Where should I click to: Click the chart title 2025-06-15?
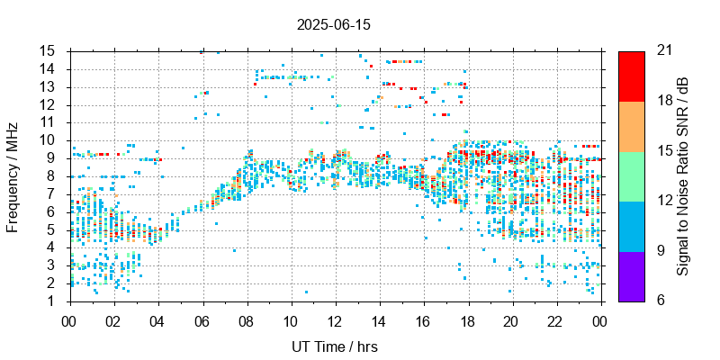[x=334, y=25]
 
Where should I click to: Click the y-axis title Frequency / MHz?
[x=13, y=175]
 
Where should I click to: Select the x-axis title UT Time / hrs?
[x=334, y=346]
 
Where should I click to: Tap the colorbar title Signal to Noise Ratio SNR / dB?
[x=683, y=175]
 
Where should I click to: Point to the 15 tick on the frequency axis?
[x=49, y=51]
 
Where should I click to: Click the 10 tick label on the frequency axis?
[x=49, y=140]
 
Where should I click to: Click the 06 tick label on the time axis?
[x=202, y=320]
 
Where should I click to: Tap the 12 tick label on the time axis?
[x=335, y=320]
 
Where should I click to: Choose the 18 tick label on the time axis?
[x=468, y=320]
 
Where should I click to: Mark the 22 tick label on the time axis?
[x=557, y=320]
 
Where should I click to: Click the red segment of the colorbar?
[x=632, y=76]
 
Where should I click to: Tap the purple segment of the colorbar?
[x=632, y=275]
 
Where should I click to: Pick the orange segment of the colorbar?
[x=632, y=126]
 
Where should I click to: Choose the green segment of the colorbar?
[x=632, y=175]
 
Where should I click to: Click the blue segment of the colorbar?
[x=632, y=226]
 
